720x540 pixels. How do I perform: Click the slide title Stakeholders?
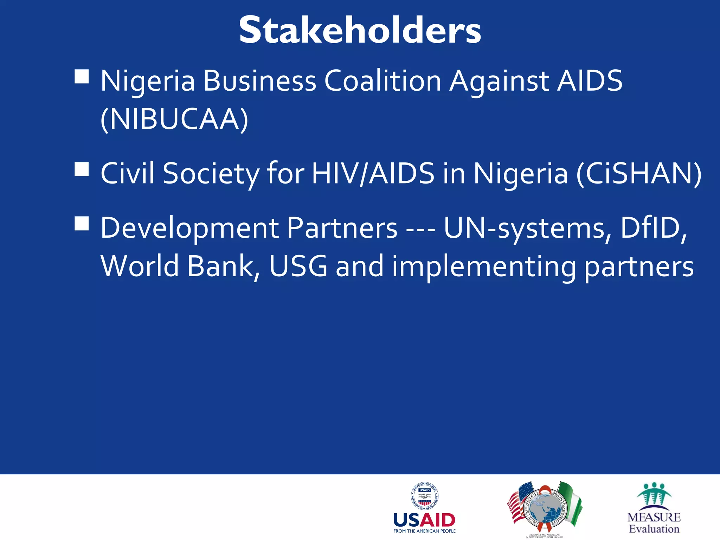(360, 31)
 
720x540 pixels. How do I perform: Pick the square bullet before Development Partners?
(82, 223)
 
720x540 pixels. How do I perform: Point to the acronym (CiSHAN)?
(638, 173)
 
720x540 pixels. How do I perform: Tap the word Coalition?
(382, 81)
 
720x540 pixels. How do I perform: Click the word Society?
(211, 174)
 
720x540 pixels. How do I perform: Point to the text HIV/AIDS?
(373, 173)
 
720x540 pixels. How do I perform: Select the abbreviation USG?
(298, 266)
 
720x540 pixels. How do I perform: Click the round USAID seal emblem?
(425, 496)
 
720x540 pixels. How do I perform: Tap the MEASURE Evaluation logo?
(654, 508)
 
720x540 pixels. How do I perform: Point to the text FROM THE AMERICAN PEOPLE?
(424, 531)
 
